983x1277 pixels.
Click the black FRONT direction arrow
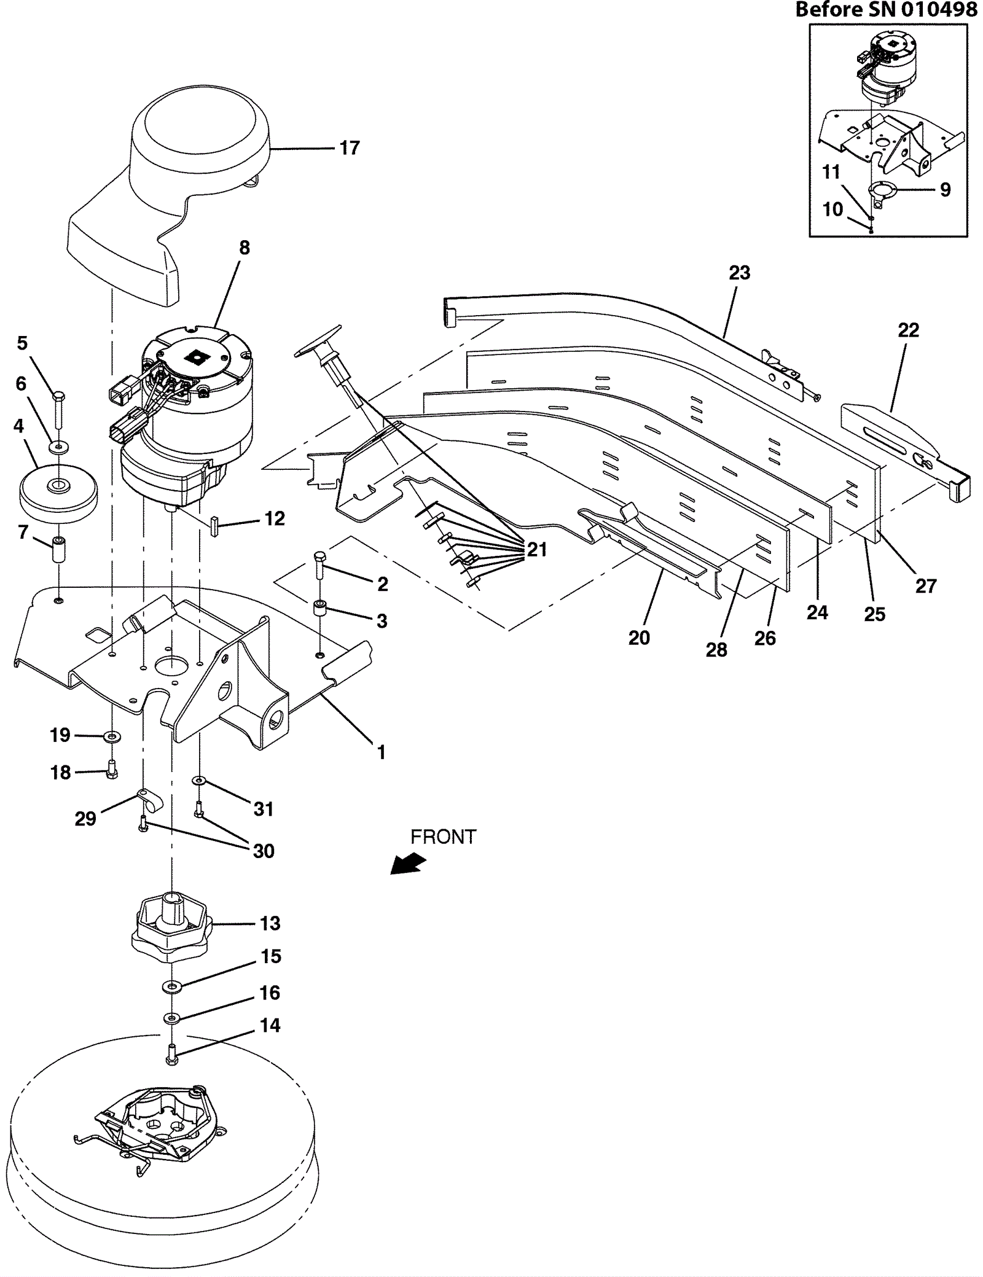(409, 863)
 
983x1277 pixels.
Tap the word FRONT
(443, 837)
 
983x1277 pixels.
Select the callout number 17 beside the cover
(350, 148)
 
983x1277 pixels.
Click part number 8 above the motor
(245, 248)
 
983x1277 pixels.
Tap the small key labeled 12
(215, 526)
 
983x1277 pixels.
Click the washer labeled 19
(112, 735)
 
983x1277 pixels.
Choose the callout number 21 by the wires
(537, 549)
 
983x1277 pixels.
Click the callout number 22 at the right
(908, 330)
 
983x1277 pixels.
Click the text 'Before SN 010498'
(886, 9)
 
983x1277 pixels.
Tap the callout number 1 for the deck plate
(381, 752)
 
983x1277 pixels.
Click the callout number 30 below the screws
(264, 851)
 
